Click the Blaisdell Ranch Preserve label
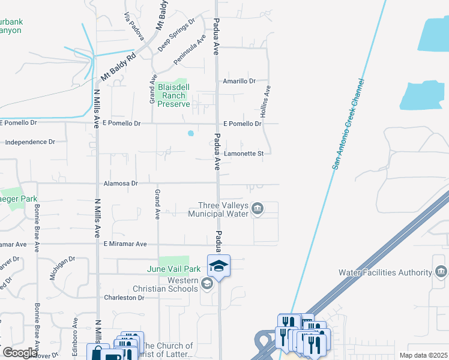pyautogui.click(x=174, y=95)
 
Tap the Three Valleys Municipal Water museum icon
pyautogui.click(x=257, y=209)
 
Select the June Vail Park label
pyautogui.click(x=174, y=269)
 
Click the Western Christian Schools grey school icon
pyautogui.click(x=207, y=284)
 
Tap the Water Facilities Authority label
pyautogui.click(x=385, y=272)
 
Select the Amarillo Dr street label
pyautogui.click(x=239, y=81)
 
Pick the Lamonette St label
pyautogui.click(x=244, y=154)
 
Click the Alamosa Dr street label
pyautogui.click(x=120, y=184)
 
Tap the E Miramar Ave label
pyautogui.click(x=125, y=244)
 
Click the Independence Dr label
pyautogui.click(x=29, y=142)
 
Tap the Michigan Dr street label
pyautogui.click(x=62, y=268)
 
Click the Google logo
pyautogui.click(x=20, y=352)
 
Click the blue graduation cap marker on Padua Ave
pyautogui.click(x=219, y=266)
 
